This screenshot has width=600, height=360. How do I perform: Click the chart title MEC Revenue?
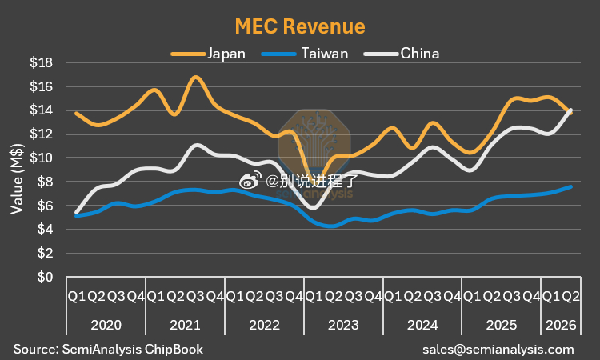(300, 26)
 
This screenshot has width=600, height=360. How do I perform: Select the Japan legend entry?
(208, 54)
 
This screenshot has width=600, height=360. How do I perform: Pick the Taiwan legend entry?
(305, 54)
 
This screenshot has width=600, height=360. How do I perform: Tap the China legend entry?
(402, 54)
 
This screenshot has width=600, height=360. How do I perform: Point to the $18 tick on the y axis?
(42, 62)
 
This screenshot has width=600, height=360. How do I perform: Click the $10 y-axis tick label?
(42, 158)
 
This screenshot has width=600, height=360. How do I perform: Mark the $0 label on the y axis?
(45, 277)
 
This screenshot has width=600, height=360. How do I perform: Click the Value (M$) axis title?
(17, 178)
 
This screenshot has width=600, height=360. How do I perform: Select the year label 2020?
(106, 325)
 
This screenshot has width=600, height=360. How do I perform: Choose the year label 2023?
(343, 325)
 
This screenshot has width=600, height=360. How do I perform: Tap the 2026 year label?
(561, 325)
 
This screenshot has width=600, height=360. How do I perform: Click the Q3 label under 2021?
(195, 296)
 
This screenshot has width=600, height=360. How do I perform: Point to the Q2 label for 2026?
(571, 296)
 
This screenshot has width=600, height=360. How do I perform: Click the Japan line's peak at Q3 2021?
(195, 78)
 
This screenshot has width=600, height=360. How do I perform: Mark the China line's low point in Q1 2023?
(314, 208)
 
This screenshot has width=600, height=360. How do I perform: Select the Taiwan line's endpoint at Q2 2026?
(571, 186)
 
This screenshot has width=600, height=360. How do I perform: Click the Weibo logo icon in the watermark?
(250, 180)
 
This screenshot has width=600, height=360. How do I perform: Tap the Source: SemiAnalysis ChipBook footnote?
(108, 350)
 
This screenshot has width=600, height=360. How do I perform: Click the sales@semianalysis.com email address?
(498, 350)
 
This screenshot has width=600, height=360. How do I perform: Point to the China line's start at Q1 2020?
(77, 212)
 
